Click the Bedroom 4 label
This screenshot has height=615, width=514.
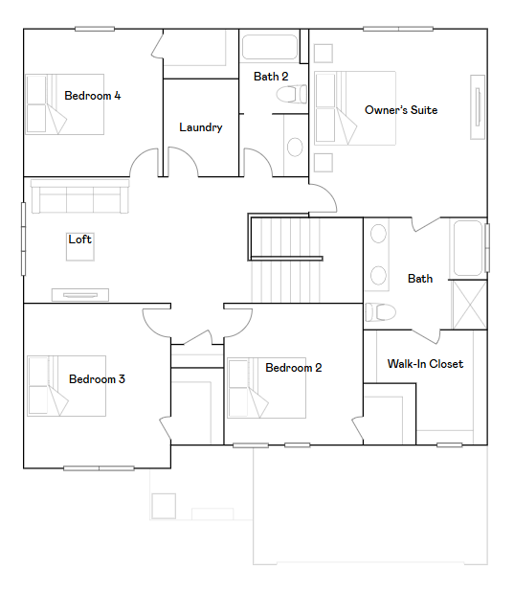click(92, 96)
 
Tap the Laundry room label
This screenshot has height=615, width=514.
click(201, 127)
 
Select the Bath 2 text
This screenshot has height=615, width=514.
click(271, 76)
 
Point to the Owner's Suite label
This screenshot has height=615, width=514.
click(401, 110)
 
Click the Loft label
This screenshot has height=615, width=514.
click(80, 239)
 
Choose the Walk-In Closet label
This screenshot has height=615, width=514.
click(425, 364)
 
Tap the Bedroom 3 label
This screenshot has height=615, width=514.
click(97, 379)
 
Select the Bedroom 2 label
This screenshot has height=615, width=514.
click(294, 368)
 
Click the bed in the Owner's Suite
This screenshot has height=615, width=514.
click(354, 107)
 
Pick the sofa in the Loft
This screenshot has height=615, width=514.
click(79, 197)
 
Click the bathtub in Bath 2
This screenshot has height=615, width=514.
click(270, 48)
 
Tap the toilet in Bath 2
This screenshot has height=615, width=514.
click(290, 94)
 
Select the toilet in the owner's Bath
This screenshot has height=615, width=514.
click(380, 311)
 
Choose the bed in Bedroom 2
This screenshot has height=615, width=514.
click(265, 389)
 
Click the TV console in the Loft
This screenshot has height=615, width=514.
click(79, 294)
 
